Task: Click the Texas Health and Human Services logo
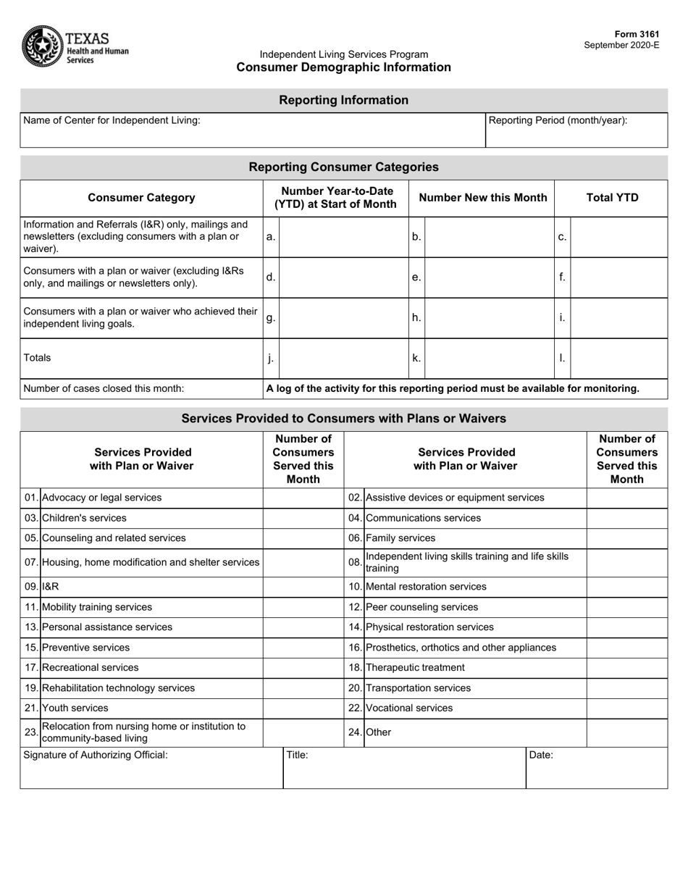75,46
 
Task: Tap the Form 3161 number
637,35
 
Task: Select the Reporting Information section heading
343,100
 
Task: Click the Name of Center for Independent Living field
252,130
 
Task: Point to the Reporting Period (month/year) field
576,130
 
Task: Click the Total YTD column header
612,198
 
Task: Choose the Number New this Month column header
483,198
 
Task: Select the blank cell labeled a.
343,237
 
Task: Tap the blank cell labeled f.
618,277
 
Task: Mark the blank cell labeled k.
489,357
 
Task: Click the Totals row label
38,357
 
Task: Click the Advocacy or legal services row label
102,498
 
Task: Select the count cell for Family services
626,538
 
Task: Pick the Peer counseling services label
422,607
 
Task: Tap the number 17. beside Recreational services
30,667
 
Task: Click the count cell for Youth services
303,708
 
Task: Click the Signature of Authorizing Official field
151,768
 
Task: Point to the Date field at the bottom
596,768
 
